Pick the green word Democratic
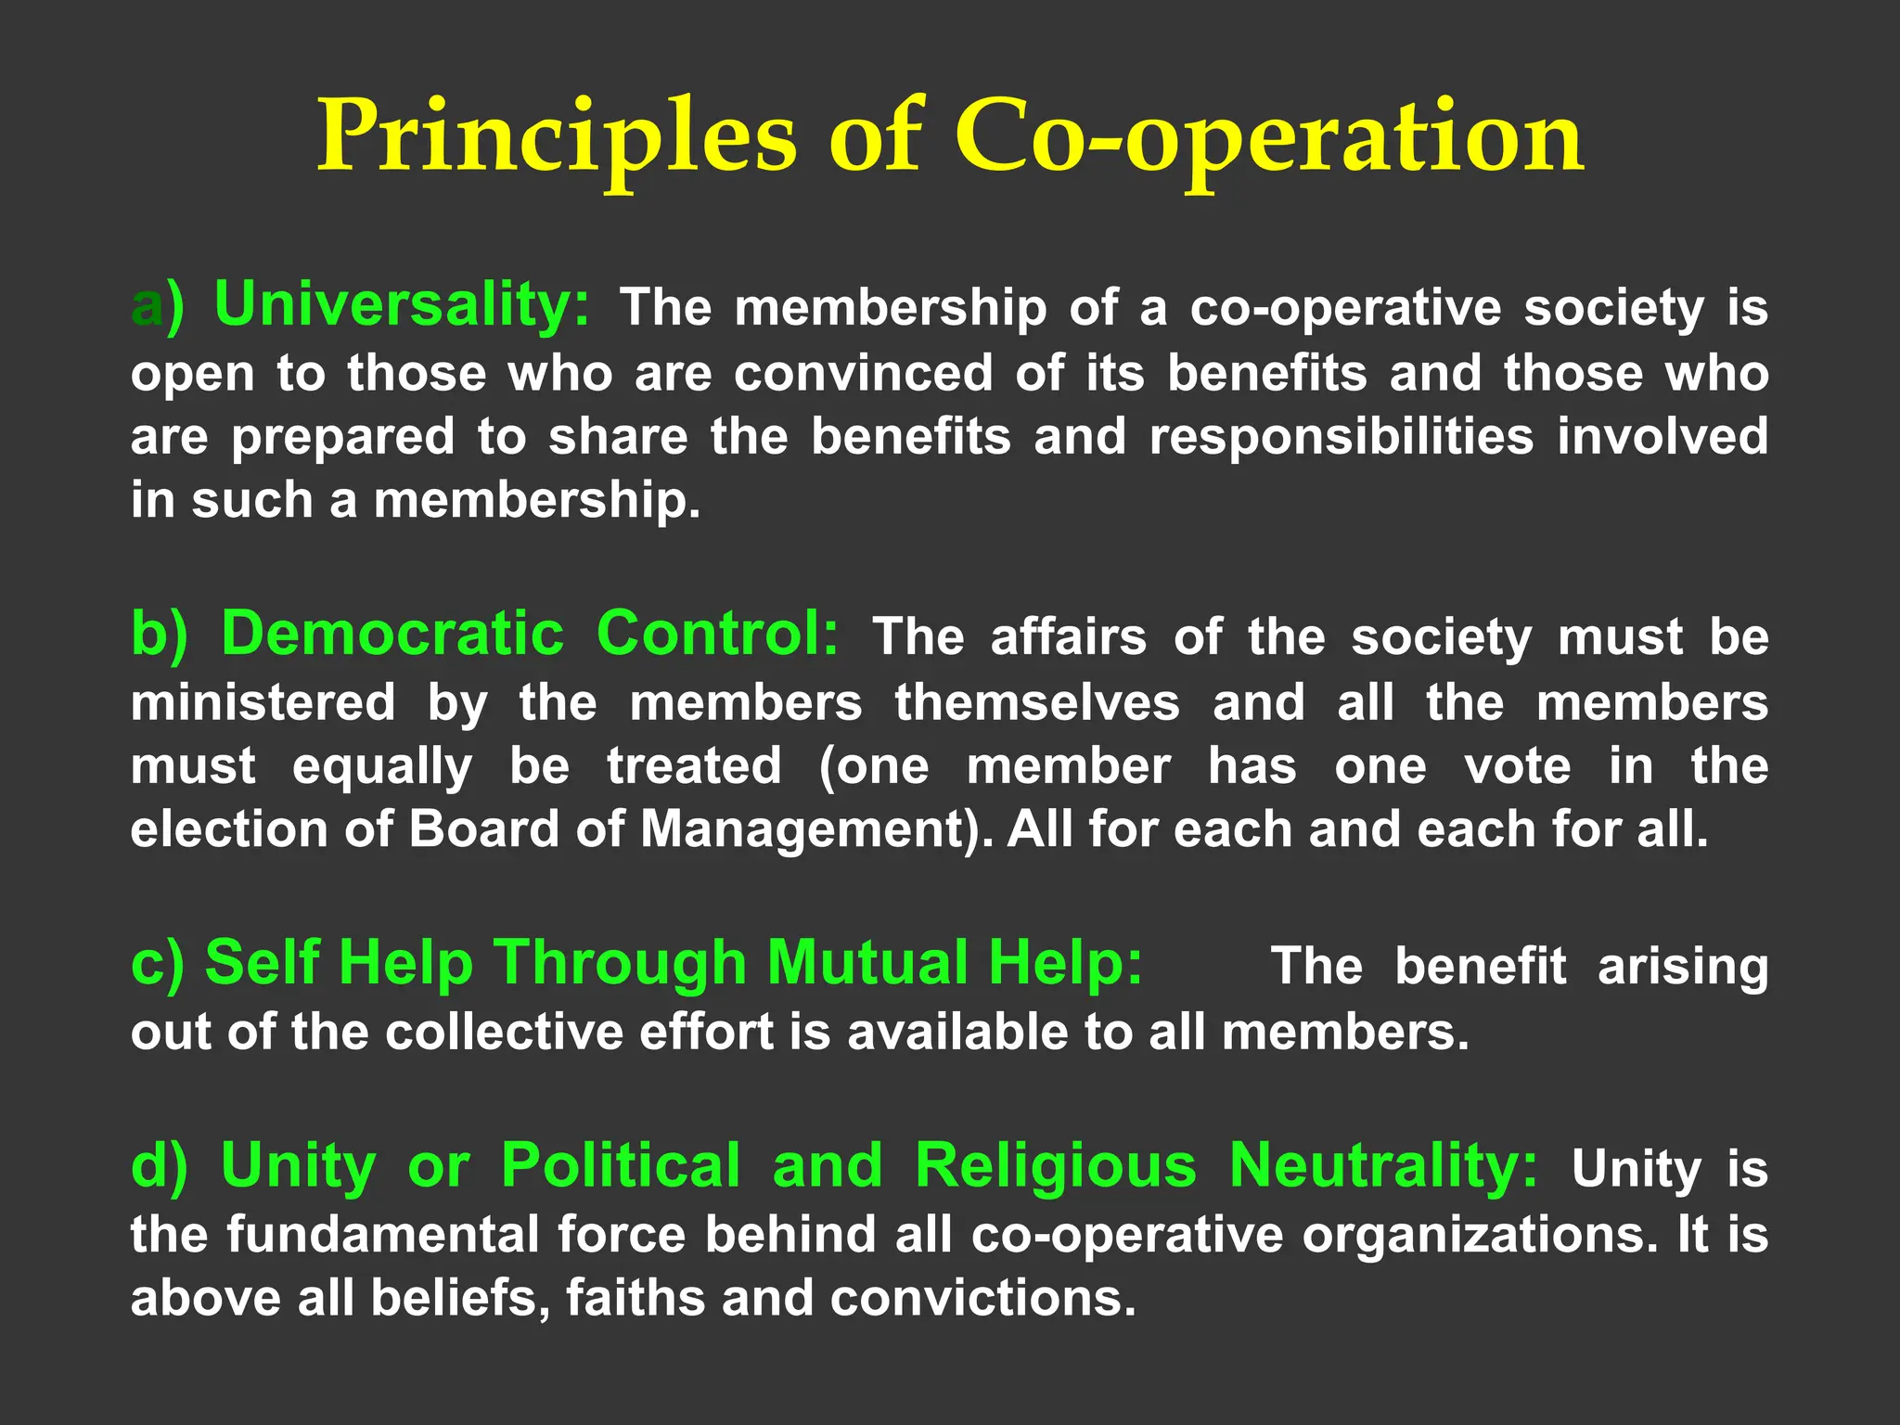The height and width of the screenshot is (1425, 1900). tap(392, 635)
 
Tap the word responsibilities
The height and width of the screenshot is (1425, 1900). tap(1342, 437)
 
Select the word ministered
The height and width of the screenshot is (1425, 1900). tap(263, 702)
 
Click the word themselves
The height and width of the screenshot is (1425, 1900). tap(1037, 702)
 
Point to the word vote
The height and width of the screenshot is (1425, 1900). tap(1518, 766)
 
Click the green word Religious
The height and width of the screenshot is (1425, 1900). tap(1056, 1165)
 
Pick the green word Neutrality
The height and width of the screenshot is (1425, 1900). tap(1383, 1165)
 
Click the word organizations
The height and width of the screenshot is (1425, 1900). tap(1479, 1235)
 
